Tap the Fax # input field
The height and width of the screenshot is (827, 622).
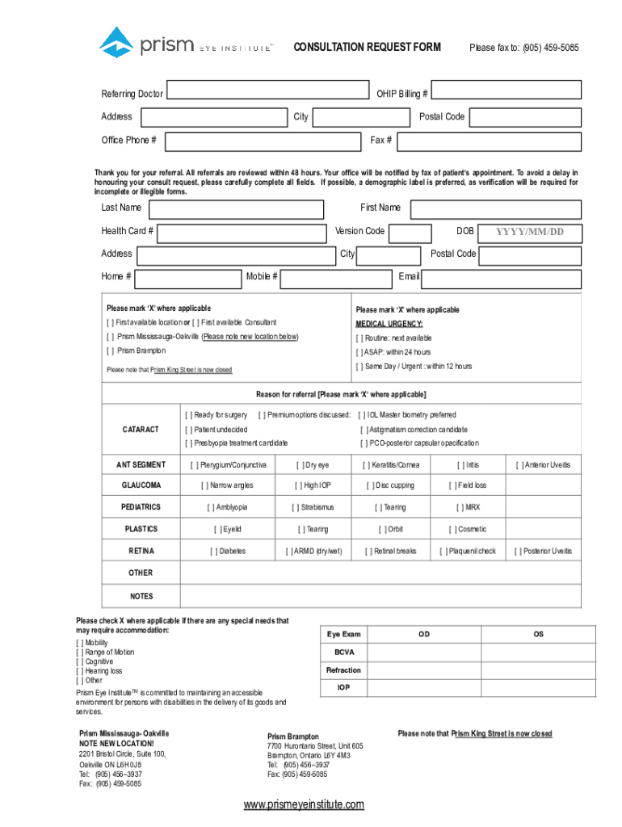tap(490, 141)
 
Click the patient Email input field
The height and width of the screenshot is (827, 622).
tap(501, 279)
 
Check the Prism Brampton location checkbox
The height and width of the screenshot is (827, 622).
tap(111, 351)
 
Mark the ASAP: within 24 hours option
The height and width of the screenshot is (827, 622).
tap(360, 352)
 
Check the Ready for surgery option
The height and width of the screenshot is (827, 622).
tap(189, 415)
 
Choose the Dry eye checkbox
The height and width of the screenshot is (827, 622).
tap(300, 465)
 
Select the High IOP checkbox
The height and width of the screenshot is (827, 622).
tap(300, 485)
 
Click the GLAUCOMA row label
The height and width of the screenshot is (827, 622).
tap(141, 485)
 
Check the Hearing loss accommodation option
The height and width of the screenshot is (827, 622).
tap(80, 671)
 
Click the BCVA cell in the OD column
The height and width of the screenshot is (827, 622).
tap(423, 653)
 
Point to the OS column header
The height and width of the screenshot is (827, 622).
tap(538, 635)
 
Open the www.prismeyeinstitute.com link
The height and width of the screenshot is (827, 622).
tap(304, 804)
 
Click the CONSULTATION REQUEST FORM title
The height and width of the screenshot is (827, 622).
tap(367, 48)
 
